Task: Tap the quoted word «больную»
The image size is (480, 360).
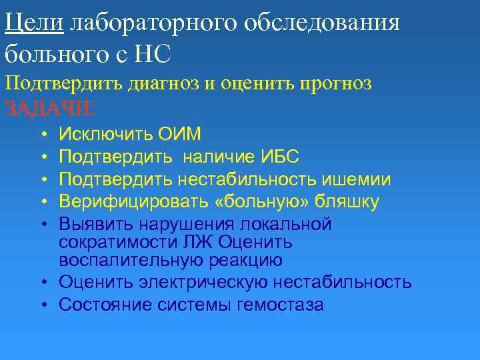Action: tap(245, 201)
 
